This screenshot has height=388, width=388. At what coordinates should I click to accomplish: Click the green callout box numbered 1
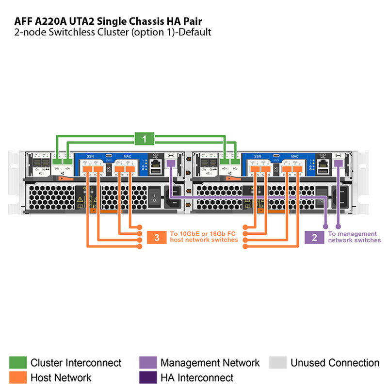pyautogui.click(x=144, y=139)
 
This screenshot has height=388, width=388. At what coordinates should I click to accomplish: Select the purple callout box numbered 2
pyautogui.click(x=314, y=237)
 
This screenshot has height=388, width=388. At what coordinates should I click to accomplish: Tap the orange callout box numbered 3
pyautogui.click(x=156, y=237)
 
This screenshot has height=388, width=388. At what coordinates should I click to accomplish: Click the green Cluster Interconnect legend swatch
pyautogui.click(x=18, y=363)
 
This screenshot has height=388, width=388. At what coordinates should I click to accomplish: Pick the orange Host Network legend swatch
pyautogui.click(x=18, y=377)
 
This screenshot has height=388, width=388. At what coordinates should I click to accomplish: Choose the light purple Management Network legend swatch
pyautogui.click(x=148, y=363)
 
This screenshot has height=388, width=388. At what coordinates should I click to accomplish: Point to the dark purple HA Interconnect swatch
pyautogui.click(x=148, y=377)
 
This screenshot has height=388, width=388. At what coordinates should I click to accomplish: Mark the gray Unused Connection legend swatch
pyautogui.click(x=278, y=363)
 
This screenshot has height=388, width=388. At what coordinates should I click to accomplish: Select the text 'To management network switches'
pyautogui.click(x=354, y=237)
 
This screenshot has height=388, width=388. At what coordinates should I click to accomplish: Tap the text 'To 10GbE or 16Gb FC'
pyautogui.click(x=204, y=234)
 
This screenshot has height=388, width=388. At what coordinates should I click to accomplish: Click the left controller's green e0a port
pyautogui.click(x=57, y=161)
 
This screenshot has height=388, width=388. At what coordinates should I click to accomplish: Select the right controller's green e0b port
pyautogui.click(x=235, y=161)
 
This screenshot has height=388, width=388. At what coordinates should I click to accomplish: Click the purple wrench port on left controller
pyautogui.click(x=171, y=164)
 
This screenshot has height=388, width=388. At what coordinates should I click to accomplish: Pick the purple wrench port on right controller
pyautogui.click(x=338, y=164)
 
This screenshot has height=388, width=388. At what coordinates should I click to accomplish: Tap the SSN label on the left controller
pyautogui.click(x=90, y=157)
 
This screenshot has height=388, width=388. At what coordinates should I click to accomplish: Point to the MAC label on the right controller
pyautogui.click(x=294, y=157)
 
